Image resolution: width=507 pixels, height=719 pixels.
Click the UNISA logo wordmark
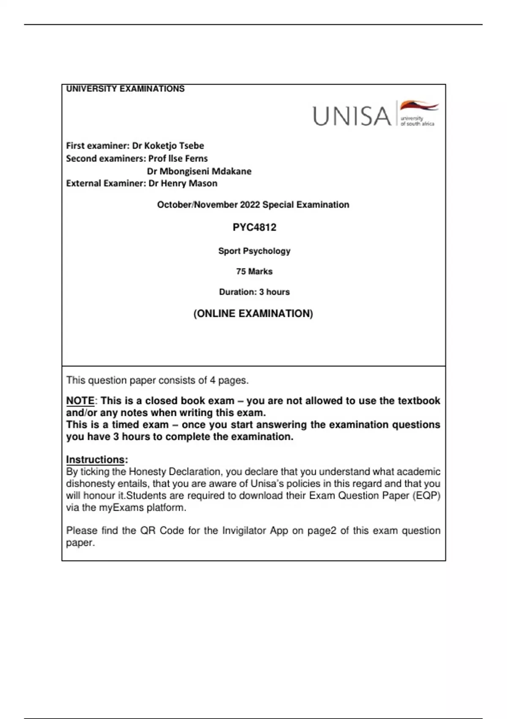352,116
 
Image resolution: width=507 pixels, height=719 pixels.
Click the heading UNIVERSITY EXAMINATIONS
125,89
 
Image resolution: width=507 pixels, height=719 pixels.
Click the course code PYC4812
254,228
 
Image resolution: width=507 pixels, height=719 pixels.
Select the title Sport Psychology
254,251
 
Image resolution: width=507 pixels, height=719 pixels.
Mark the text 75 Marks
254,272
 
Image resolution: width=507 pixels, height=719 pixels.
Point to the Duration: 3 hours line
254,292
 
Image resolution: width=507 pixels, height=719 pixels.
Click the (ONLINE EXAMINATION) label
253,314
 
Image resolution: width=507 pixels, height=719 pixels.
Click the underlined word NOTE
80,401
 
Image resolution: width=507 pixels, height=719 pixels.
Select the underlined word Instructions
95,460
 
